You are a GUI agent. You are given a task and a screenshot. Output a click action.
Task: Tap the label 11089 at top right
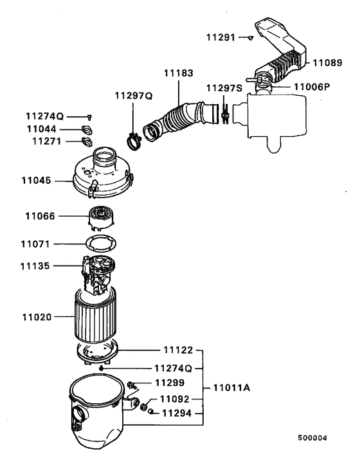tap(328, 62)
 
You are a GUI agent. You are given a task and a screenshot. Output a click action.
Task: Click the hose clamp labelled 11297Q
tap(133, 138)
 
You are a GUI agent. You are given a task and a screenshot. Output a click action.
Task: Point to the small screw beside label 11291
tap(251, 38)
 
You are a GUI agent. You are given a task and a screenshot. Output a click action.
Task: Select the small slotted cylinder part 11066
tap(103, 217)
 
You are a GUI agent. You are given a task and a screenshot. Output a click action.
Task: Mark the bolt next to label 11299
tap(132, 385)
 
